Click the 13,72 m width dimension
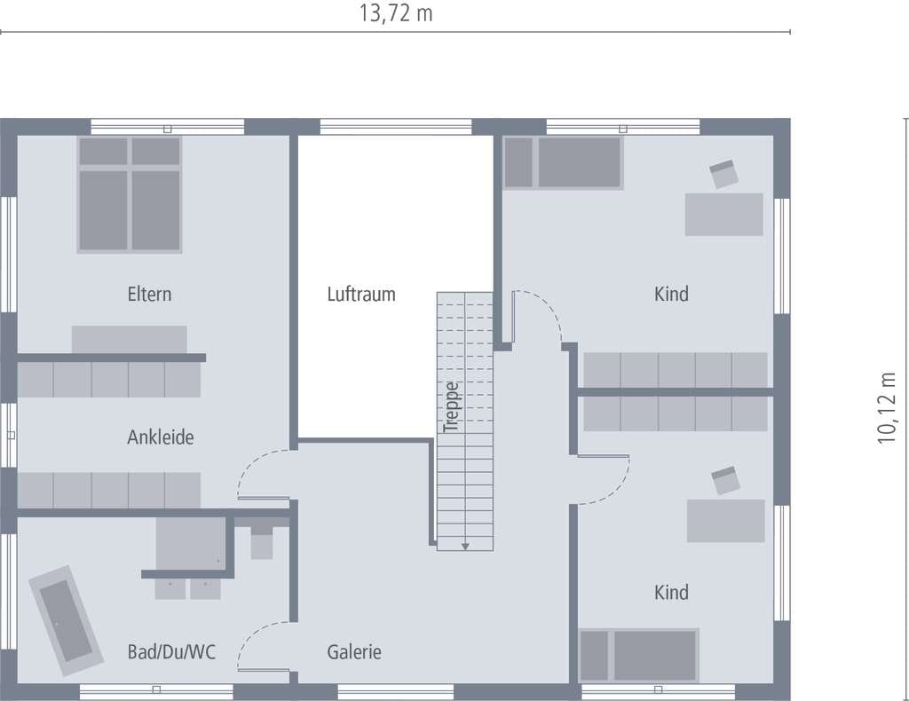396,13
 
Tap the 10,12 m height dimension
887,408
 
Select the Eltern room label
149,294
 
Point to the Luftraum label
361,294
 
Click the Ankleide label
161,437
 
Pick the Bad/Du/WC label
171,652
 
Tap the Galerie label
354,652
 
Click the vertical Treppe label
452,407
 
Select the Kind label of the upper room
671,294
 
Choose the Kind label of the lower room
671,592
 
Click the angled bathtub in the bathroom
66,620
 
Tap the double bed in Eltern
130,194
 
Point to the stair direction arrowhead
465,547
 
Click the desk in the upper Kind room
724,215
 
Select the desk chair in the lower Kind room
726,480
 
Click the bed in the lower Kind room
639,655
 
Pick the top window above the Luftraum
396,126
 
